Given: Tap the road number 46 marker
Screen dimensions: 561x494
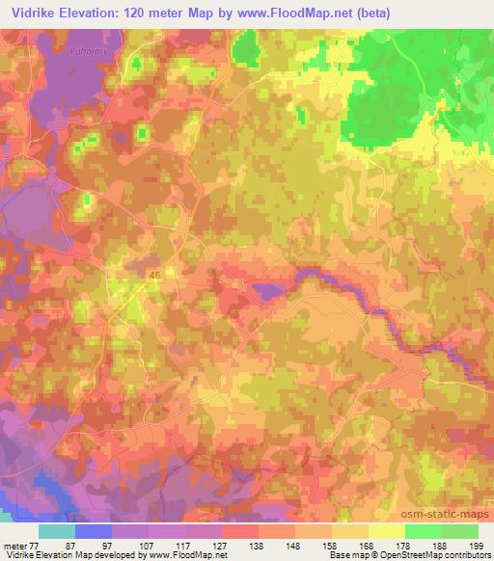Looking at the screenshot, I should [x=154, y=275].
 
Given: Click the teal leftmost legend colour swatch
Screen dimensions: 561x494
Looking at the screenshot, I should [x=56, y=531].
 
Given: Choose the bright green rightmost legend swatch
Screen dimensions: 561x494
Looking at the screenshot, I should [x=459, y=531].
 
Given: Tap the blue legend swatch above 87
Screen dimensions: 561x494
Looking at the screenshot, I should [x=93, y=531].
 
